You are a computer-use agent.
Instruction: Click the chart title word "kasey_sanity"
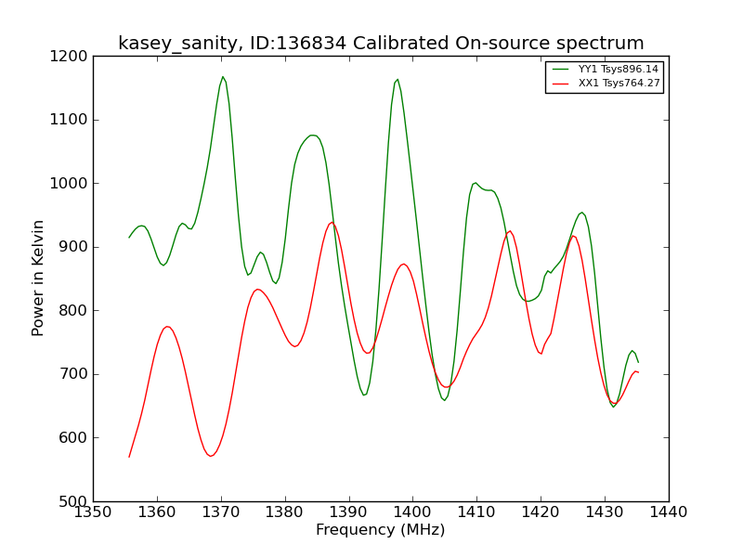177,44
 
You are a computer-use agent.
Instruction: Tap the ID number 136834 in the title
312,43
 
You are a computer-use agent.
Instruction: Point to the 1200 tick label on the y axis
69,57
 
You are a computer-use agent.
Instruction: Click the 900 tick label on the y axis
73,247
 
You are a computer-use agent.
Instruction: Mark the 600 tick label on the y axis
73,437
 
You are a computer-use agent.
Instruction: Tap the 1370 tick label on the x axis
221,512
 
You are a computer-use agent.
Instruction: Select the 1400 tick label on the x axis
412,512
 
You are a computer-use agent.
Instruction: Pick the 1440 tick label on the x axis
669,512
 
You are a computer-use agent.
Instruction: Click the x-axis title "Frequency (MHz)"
381,530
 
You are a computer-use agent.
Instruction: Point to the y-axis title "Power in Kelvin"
37,278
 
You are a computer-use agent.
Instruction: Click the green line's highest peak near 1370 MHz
223,77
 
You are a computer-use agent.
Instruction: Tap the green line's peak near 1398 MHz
398,80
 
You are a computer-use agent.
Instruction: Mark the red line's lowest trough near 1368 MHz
211,456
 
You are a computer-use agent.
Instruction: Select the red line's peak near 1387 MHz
332,222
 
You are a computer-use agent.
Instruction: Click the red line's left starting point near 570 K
129,457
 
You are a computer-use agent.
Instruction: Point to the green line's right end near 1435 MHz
638,362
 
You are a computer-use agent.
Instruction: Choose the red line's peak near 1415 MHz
510,231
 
